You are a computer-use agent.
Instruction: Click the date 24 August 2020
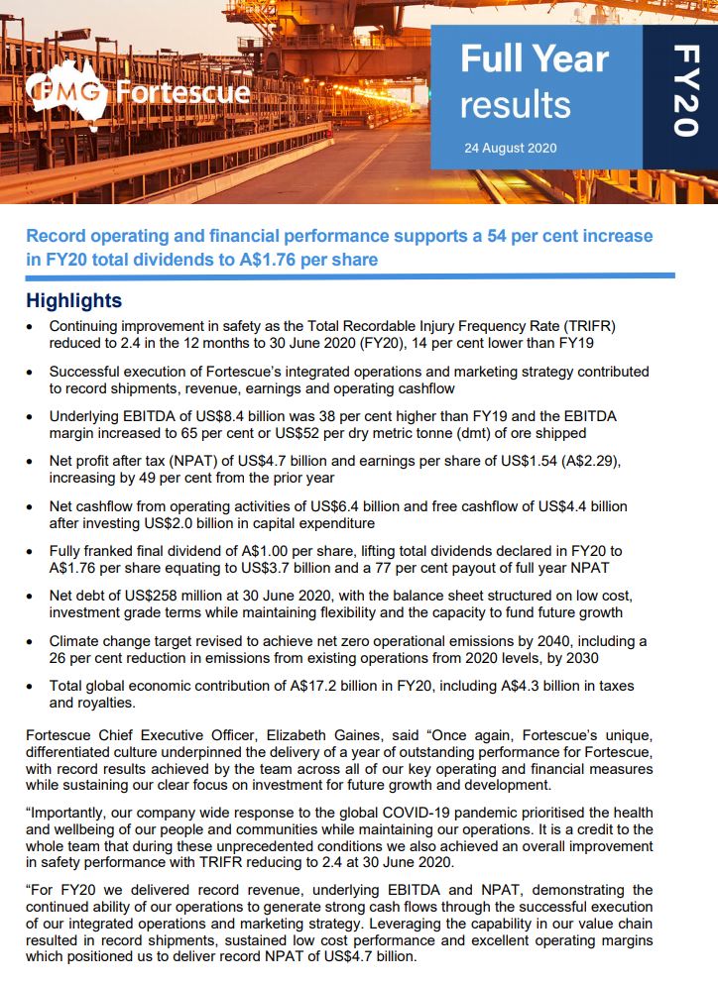tap(510, 149)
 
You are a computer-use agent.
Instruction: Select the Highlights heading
tap(74, 300)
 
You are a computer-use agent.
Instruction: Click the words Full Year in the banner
tap(534, 60)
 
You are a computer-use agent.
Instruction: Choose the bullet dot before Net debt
tap(34, 597)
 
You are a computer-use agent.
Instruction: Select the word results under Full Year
tap(515, 105)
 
